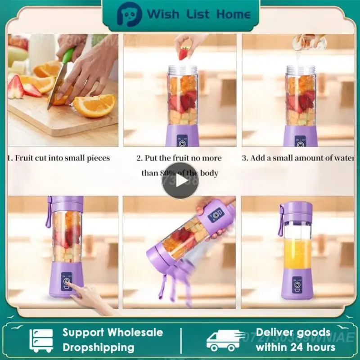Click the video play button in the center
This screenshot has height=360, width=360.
180,180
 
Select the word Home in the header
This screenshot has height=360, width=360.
233,14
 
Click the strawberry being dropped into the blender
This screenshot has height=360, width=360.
184,54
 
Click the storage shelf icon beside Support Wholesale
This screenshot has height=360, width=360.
41,340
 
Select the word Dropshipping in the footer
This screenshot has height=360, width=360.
99,347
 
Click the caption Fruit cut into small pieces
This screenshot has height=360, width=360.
59,158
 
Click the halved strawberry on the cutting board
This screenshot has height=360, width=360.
16,88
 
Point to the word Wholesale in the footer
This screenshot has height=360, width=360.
135,333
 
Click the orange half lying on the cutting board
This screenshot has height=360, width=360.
94,105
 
